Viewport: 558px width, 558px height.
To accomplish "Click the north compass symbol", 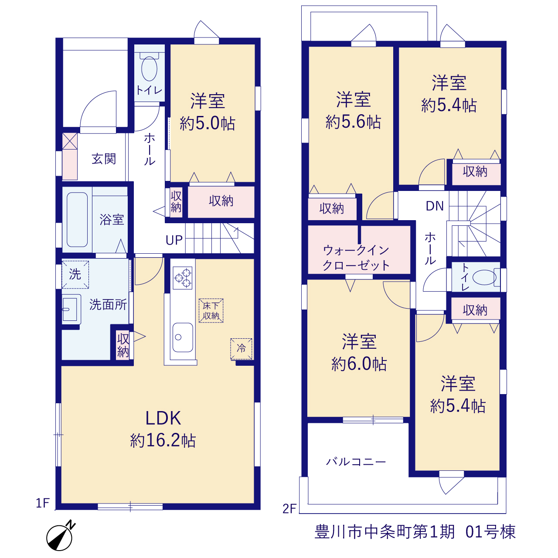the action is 60,536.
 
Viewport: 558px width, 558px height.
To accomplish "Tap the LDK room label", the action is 163,418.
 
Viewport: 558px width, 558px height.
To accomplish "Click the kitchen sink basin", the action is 183,337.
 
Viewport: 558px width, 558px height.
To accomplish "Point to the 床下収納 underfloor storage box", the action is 211,311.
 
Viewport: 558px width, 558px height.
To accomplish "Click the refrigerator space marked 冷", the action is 241,349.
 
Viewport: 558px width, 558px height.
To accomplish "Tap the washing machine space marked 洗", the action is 75,275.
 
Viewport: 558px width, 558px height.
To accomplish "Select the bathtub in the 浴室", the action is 77,219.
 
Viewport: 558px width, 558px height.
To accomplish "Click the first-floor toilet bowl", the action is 149,68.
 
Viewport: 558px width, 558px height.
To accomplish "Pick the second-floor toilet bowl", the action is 484,277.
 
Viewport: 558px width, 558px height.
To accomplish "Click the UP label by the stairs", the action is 174,240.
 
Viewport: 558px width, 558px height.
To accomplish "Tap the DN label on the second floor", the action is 435,206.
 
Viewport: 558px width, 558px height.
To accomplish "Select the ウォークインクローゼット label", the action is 356,258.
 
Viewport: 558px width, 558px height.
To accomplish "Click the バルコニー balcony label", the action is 356,461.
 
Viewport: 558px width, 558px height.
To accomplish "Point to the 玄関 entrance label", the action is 104,159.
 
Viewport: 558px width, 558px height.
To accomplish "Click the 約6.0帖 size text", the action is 359,364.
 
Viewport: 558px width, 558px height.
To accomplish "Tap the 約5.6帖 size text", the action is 353,122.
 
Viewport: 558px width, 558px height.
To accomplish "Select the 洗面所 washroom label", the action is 108,304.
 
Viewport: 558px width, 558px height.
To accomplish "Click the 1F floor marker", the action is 43,503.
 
